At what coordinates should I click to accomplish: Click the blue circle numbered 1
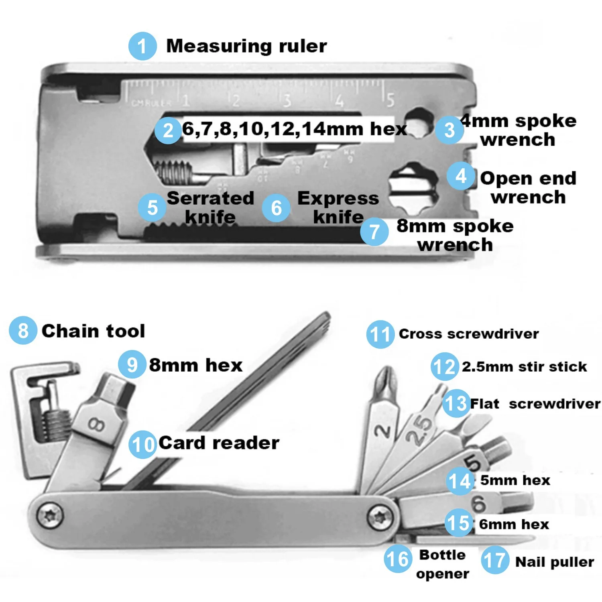pyautogui.click(x=142, y=46)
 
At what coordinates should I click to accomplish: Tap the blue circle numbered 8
pyautogui.click(x=23, y=330)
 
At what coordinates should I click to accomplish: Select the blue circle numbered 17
pyautogui.click(x=494, y=560)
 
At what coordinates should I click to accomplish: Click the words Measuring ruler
pyautogui.click(x=246, y=46)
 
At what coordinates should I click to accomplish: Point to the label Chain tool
pyautogui.click(x=93, y=331)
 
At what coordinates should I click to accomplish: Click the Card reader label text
pyautogui.click(x=219, y=443)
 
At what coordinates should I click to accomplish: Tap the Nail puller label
pyautogui.click(x=554, y=562)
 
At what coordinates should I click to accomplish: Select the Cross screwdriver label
pyautogui.click(x=468, y=334)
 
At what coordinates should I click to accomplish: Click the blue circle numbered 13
pyautogui.click(x=456, y=403)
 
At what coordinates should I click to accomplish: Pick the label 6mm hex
pyautogui.click(x=514, y=524)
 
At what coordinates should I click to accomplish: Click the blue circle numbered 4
pyautogui.click(x=461, y=176)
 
